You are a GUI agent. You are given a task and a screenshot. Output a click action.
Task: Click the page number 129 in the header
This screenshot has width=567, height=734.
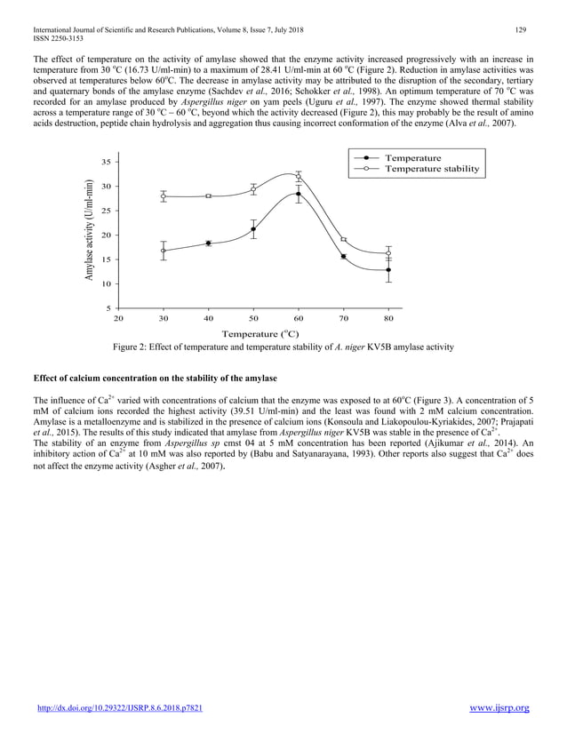(522, 31)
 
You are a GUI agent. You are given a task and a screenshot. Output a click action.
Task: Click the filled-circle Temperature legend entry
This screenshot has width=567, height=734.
(412, 157)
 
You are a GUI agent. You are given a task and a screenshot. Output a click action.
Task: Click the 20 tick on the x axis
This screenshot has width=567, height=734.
(119, 317)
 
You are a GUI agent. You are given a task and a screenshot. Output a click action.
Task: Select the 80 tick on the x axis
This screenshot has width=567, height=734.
(388, 317)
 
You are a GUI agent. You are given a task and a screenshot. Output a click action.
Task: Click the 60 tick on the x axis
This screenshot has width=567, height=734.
(299, 317)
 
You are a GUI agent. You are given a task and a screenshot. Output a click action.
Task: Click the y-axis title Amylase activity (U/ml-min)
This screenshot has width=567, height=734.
(90, 232)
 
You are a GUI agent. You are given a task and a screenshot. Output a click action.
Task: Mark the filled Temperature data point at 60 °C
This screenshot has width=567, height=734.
(299, 194)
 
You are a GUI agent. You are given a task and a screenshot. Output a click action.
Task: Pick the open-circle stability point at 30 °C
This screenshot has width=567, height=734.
(164, 196)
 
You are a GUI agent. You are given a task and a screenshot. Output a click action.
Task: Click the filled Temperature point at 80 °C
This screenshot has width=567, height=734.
(388, 270)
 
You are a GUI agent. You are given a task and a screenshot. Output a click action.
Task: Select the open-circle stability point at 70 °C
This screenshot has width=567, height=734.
(344, 240)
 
